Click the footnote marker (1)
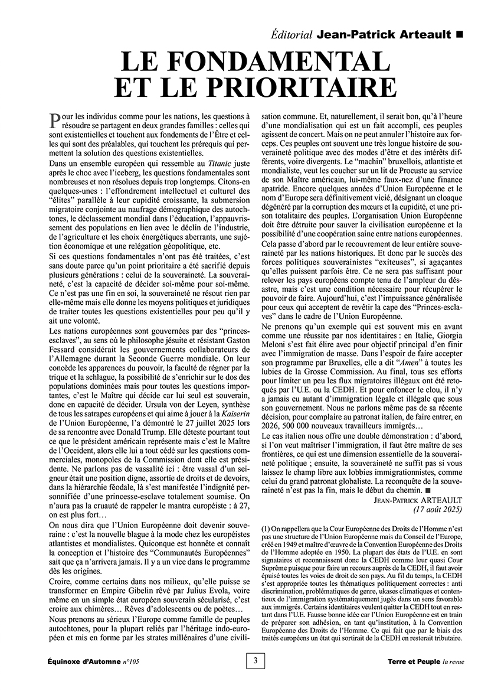264,529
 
